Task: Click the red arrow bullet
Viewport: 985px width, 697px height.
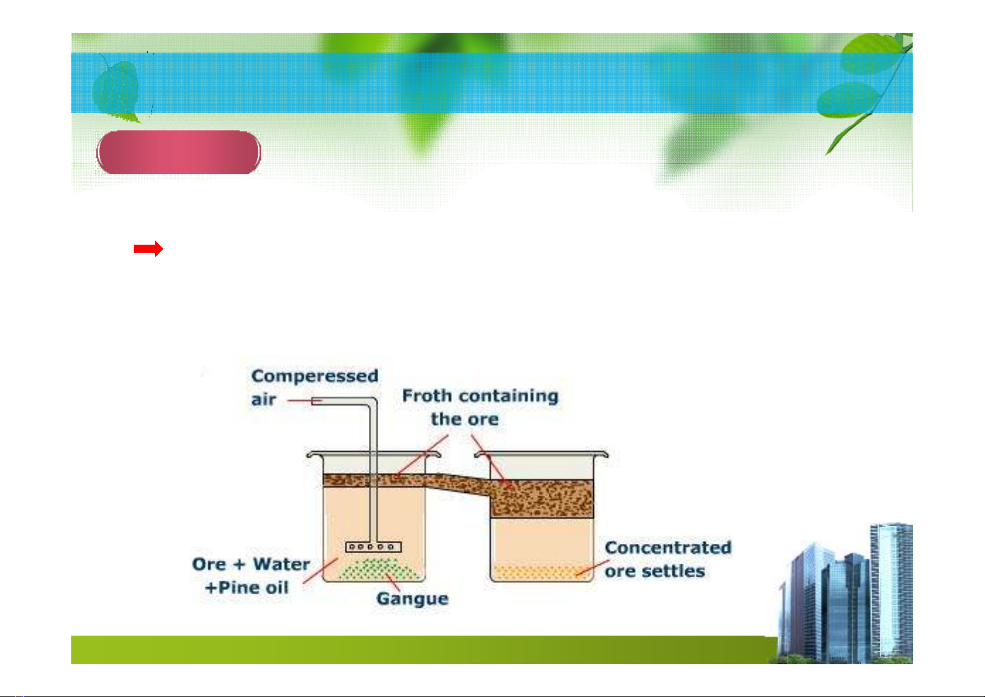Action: click(148, 249)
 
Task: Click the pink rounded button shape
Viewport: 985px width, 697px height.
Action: click(178, 152)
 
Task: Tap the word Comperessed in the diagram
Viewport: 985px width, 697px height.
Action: click(314, 377)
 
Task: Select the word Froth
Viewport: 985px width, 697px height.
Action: click(427, 395)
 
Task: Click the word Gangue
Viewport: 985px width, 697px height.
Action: click(412, 599)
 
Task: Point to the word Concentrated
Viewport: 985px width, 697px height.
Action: click(668, 547)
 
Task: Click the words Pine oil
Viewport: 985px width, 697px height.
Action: click(253, 588)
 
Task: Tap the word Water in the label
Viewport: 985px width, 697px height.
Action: click(281, 564)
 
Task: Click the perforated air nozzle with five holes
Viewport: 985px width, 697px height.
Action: click(374, 547)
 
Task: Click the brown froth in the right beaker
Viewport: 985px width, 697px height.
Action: click(542, 499)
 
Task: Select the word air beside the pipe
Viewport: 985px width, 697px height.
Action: click(264, 400)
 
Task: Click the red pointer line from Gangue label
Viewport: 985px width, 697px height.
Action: click(393, 582)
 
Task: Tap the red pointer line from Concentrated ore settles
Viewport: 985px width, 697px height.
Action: click(593, 567)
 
